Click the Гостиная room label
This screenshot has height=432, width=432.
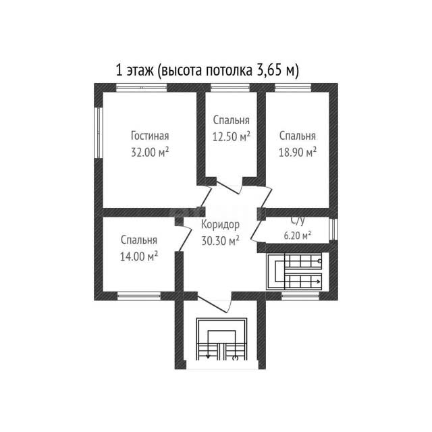150,136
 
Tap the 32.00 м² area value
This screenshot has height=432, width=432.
150,152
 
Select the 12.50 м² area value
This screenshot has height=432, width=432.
232,136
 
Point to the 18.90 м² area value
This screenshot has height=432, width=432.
298,152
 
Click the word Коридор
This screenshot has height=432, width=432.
221,225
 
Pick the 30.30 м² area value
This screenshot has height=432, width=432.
221,241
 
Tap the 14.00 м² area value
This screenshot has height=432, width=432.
139,256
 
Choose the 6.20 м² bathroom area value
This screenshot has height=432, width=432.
298,236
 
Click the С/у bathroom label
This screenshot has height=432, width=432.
298,221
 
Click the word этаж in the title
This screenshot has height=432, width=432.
140,71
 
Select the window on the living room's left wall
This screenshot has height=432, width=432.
99,132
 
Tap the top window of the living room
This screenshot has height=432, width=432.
141,87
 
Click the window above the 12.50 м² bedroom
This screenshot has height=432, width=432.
230,87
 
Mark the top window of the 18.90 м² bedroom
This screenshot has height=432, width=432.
293,87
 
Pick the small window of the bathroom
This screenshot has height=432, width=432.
333,230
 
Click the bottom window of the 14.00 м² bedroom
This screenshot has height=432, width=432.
139,296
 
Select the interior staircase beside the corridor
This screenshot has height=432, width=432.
294,271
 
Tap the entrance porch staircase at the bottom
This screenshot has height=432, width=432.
221,339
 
